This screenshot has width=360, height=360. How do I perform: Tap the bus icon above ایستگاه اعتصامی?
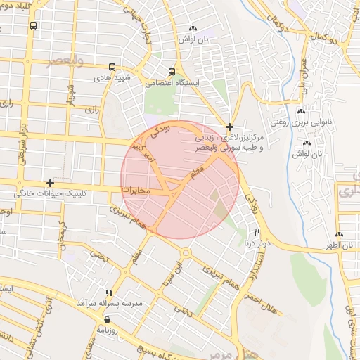pyautogui.click(x=172, y=72)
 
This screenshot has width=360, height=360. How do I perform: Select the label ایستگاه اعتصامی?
pyautogui.click(x=173, y=83)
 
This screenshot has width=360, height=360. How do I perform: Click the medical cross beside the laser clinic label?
pyautogui.click(x=230, y=127)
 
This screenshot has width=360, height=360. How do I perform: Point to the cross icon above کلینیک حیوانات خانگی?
pyautogui.click(x=49, y=183)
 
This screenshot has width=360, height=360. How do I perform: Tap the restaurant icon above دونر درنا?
pyautogui.click(x=257, y=233)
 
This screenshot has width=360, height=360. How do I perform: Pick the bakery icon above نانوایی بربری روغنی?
pyautogui.click(x=300, y=112)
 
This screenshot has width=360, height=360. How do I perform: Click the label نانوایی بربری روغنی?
pyautogui.click(x=301, y=122)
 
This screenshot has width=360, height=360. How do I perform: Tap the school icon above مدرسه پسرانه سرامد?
pyautogui.click(x=109, y=292)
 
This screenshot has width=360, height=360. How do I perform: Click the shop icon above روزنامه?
pyautogui.click(x=106, y=319)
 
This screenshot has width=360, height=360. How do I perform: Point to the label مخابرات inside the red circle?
pyautogui.click(x=136, y=190)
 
